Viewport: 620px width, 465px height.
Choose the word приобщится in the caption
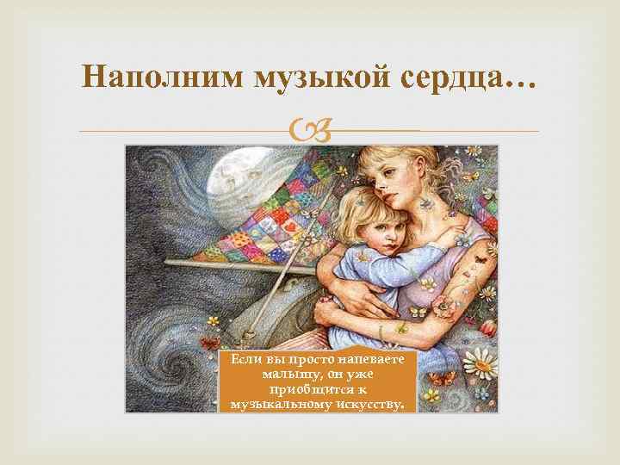point(307,388)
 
